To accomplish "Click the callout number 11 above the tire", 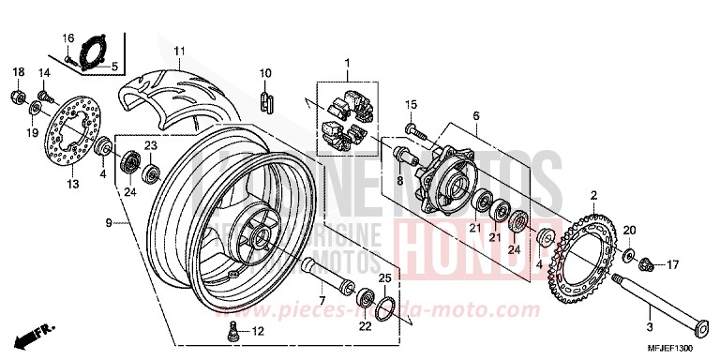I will pyautogui.click(x=178, y=51).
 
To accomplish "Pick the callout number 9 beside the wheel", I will pyautogui.click(x=110, y=223).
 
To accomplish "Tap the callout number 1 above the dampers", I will pyautogui.click(x=346, y=66).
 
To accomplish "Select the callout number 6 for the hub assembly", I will pyautogui.click(x=475, y=115).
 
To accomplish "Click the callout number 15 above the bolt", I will pyautogui.click(x=410, y=103).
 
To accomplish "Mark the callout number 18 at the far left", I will pyautogui.click(x=17, y=72).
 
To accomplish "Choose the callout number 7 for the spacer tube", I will pyautogui.click(x=322, y=275).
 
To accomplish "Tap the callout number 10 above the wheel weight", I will pyautogui.click(x=264, y=72).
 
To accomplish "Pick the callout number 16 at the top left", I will pyautogui.click(x=67, y=37).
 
